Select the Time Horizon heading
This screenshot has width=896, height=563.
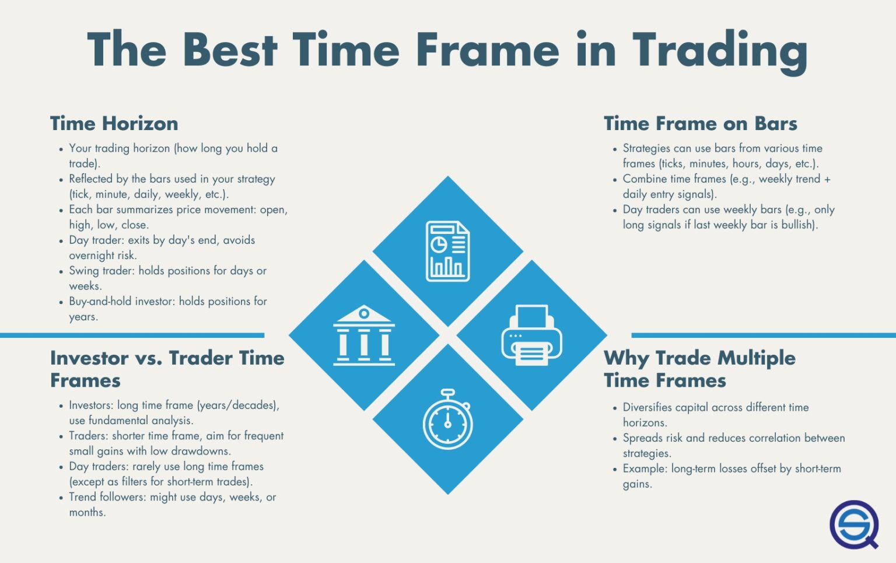[114, 124]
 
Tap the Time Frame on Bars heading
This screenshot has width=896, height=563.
[700, 124]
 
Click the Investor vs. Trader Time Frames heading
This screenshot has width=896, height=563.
[167, 369]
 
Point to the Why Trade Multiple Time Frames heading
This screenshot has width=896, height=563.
[699, 369]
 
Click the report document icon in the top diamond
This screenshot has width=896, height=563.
[447, 251]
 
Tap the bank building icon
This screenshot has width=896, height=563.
[364, 335]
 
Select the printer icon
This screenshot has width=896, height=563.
[531, 335]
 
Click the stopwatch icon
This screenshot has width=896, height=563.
[447, 419]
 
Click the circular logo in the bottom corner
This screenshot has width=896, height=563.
[854, 524]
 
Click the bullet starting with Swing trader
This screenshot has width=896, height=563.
[167, 278]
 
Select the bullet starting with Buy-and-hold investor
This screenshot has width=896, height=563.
[167, 309]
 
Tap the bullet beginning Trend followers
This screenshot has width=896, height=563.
[172, 505]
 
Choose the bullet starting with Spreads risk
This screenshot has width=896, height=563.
[733, 445]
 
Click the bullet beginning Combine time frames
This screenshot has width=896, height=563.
[726, 186]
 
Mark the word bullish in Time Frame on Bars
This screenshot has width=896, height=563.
[797, 225]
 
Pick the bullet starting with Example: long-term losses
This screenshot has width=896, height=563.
[731, 476]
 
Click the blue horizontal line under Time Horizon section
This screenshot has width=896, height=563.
[132, 335]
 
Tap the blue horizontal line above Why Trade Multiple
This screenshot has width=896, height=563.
[763, 335]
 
